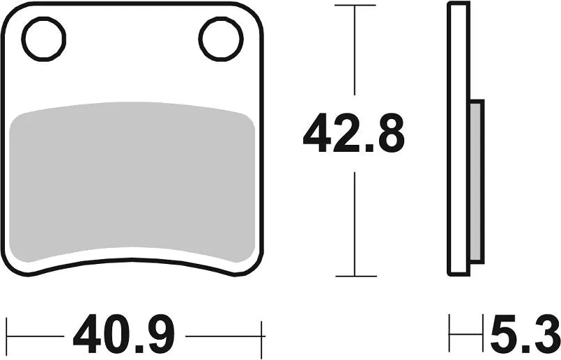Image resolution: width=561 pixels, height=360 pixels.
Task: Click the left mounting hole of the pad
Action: tap(44, 38)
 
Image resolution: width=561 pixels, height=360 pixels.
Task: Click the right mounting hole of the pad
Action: tap(220, 38)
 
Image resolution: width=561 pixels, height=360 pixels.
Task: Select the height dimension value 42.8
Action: tap(353, 134)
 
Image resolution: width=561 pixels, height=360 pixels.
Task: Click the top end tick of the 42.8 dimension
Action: tap(355, 6)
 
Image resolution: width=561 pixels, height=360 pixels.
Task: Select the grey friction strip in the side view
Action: tap(477, 181)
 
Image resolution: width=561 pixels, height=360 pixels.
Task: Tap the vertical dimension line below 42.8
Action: tap(355, 223)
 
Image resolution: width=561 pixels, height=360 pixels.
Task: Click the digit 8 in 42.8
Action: tap(387, 134)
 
